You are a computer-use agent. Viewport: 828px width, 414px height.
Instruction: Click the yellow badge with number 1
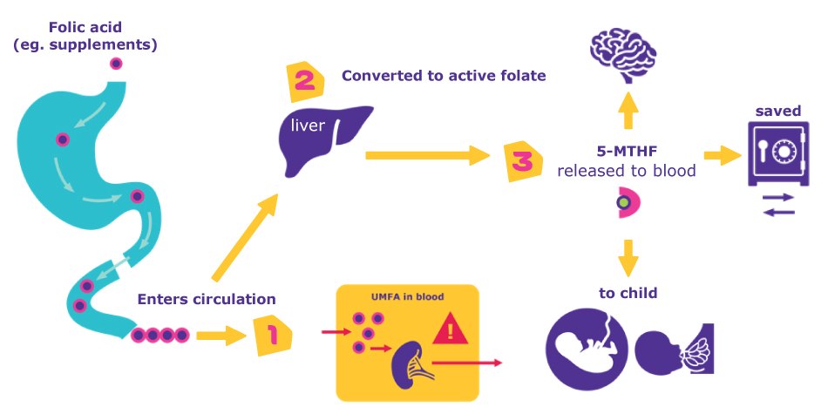point(272,335)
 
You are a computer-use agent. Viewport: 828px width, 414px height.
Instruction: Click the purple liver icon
point(323,138)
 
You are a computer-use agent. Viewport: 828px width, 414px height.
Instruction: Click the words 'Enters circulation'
point(207,300)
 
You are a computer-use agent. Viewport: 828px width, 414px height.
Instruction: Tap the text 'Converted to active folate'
point(444,76)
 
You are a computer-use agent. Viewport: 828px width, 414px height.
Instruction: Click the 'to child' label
point(628,294)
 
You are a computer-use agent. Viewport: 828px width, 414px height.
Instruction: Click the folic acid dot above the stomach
point(116,64)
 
